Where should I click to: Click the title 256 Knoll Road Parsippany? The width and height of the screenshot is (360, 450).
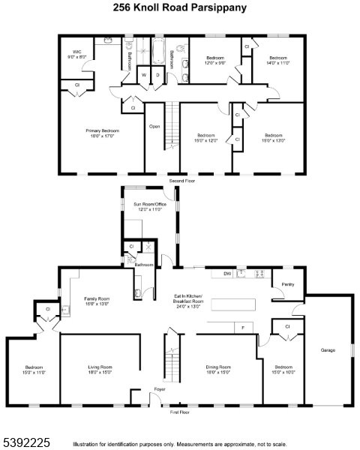[x=180, y=8]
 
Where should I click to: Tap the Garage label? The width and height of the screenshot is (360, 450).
[x=328, y=349]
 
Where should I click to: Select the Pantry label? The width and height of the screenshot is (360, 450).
[x=287, y=285]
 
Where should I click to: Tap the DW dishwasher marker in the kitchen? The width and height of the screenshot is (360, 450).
[x=226, y=274]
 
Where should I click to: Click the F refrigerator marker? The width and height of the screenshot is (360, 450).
[x=243, y=327]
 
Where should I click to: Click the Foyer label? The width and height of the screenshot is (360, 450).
[x=160, y=389]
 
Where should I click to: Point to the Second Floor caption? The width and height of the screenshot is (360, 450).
[x=181, y=181]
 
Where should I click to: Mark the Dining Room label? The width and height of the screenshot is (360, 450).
[x=223, y=369]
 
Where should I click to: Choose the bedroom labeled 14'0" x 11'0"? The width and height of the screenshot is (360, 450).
[x=278, y=60]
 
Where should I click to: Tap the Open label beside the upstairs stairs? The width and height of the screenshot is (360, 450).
[x=154, y=127]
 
